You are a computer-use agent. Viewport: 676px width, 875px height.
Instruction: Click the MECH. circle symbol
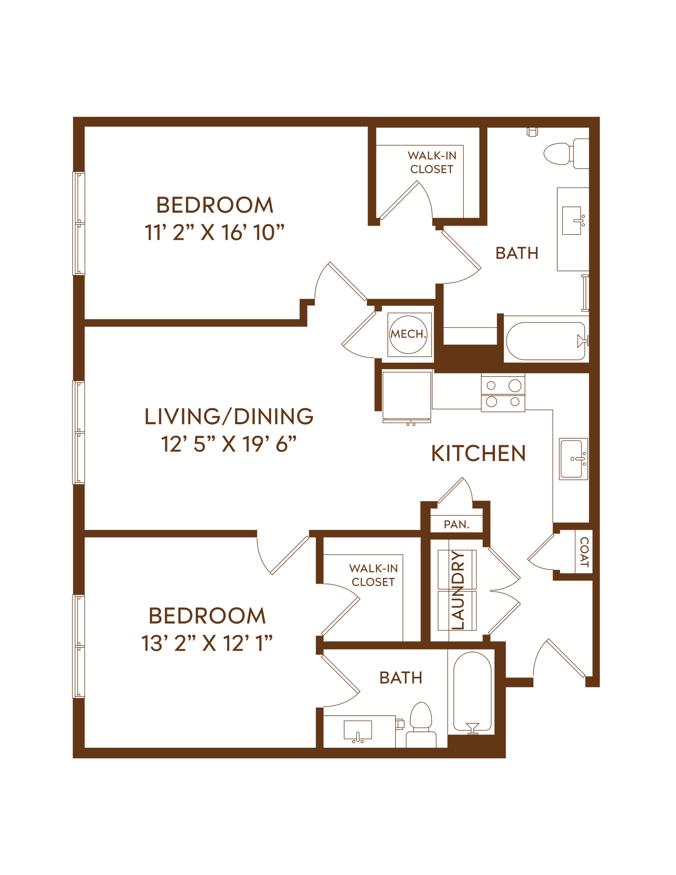pos(409,334)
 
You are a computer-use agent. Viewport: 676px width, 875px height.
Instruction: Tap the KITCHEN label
pos(478,454)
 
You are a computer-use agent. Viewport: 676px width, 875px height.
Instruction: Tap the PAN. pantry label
pos(457,524)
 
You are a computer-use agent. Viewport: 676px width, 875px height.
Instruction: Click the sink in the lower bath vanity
pos(358,730)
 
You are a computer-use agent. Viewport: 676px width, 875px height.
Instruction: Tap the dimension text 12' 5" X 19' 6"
pos(229,446)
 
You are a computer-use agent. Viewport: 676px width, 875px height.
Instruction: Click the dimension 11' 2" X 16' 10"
pos(215,235)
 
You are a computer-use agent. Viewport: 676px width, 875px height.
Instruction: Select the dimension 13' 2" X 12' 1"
pos(207,643)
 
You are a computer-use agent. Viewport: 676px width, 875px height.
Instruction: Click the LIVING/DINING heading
pos(229,417)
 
